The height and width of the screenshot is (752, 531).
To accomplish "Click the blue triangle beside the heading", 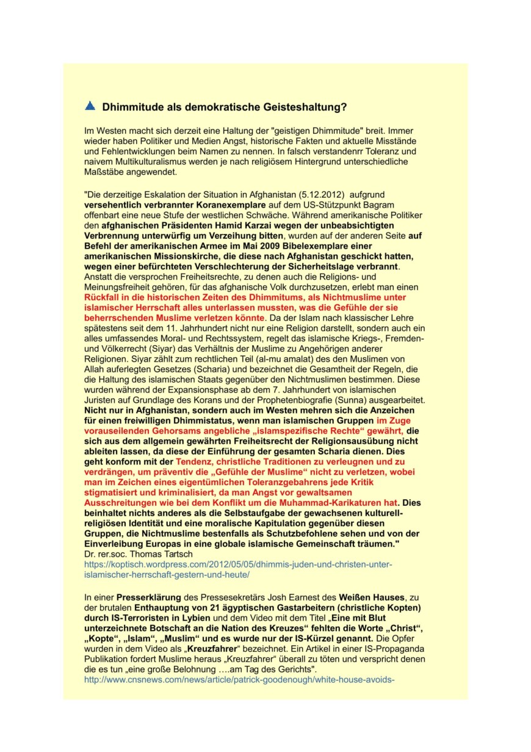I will [90, 106].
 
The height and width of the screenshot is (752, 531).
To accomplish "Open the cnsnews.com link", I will [237, 679].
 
